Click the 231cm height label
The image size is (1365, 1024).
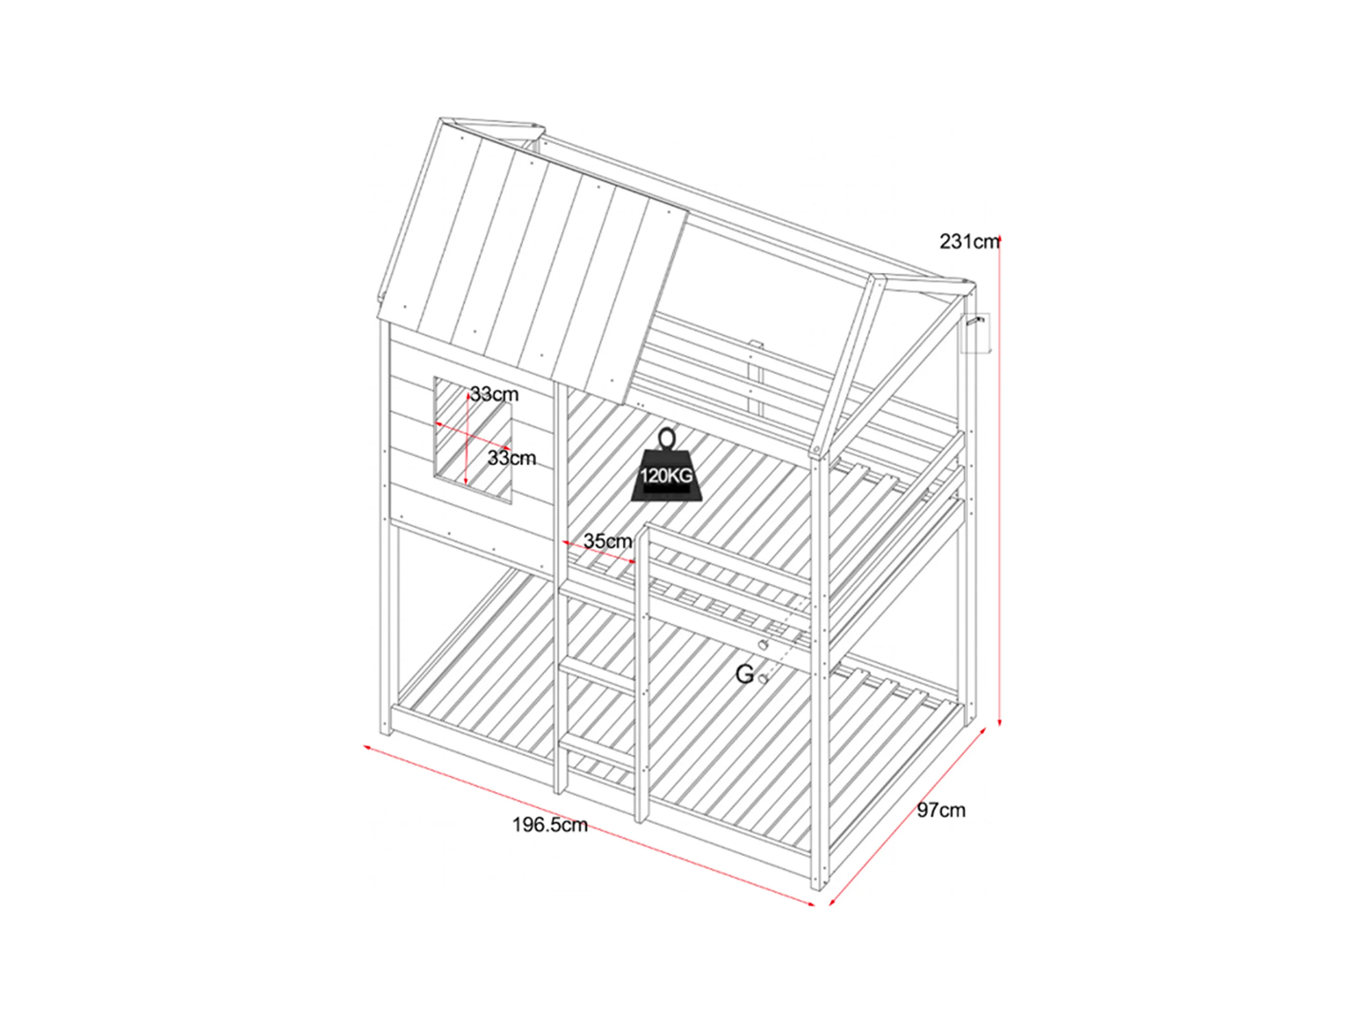968,242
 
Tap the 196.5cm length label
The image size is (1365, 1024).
549,825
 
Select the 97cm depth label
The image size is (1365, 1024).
941,810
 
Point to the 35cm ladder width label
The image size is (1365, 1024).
607,541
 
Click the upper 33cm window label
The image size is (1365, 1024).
494,394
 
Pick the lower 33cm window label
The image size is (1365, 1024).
511,458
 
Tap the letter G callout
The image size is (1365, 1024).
744,675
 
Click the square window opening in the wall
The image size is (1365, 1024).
473,441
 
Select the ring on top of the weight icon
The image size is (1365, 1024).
667,439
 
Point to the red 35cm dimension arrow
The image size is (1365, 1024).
599,552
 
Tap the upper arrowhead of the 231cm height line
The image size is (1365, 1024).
1000,238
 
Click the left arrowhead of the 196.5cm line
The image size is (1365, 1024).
366,747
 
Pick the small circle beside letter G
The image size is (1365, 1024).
763,679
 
